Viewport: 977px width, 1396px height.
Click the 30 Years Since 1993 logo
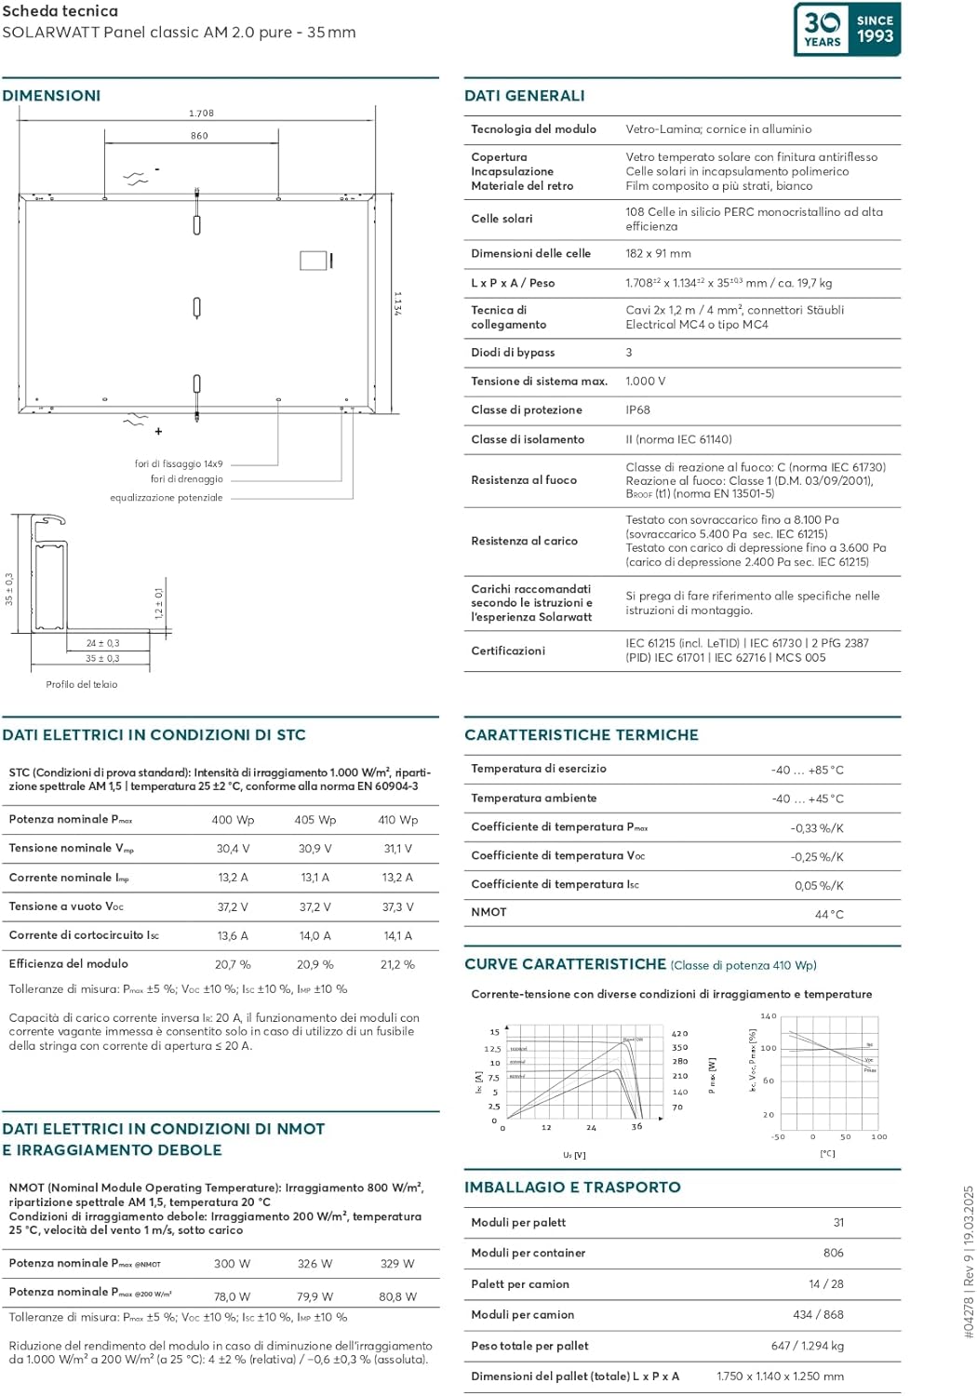click(x=847, y=30)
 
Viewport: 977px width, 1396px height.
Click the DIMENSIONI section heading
click(x=51, y=96)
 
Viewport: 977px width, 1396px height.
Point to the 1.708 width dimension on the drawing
click(x=201, y=114)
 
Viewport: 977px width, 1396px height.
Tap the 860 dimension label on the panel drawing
click(x=199, y=136)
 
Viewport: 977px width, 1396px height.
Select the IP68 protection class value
click(x=637, y=410)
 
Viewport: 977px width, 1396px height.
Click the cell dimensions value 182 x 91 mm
click(x=658, y=254)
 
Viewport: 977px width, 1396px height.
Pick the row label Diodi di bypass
click(x=513, y=353)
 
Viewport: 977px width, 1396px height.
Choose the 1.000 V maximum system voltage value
click(x=645, y=382)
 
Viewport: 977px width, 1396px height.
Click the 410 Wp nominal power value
click(x=397, y=820)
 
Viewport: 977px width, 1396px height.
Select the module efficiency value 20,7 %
click(x=233, y=965)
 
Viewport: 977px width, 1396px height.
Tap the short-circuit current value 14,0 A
click(x=315, y=936)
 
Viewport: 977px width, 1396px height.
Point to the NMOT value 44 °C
click(x=829, y=915)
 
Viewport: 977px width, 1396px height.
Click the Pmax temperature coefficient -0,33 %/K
click(x=817, y=828)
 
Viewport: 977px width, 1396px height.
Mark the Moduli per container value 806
click(x=833, y=1254)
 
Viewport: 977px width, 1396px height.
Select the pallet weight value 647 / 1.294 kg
click(x=807, y=1346)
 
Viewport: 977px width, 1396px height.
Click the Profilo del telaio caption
click(x=82, y=685)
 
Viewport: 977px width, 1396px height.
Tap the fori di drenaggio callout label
click(x=186, y=479)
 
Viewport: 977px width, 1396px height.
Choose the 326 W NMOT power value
click(x=315, y=1264)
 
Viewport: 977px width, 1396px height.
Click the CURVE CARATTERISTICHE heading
click(x=565, y=964)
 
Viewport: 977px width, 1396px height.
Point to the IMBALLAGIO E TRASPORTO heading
click(x=572, y=1188)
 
